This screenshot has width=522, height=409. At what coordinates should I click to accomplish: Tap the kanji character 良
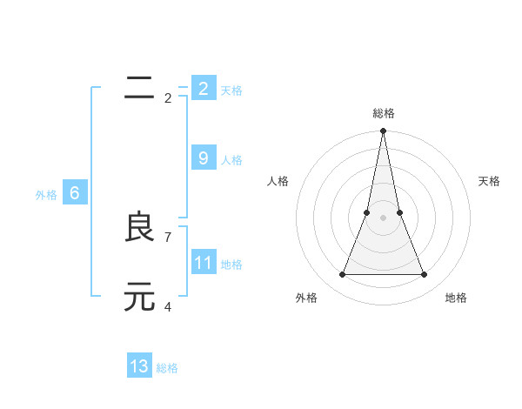[139, 228]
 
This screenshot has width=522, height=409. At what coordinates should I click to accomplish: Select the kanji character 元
[139, 297]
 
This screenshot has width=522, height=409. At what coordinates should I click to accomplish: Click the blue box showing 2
[203, 88]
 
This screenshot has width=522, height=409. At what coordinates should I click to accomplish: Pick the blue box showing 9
[203, 158]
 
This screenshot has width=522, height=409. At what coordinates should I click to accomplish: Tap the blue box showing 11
[203, 263]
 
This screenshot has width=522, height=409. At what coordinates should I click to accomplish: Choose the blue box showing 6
[75, 193]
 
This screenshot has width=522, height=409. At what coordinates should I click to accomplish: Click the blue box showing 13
[139, 366]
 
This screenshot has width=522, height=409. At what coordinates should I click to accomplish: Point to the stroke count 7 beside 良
[168, 236]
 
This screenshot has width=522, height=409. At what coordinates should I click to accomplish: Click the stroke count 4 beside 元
[168, 305]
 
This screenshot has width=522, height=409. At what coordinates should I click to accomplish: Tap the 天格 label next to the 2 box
[231, 90]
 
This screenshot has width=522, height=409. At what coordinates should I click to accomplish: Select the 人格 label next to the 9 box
[231, 160]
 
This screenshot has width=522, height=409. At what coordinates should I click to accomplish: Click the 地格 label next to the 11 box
[231, 265]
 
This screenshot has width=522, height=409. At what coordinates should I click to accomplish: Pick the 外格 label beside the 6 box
[46, 195]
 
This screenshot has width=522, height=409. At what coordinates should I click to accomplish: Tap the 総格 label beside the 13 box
[167, 368]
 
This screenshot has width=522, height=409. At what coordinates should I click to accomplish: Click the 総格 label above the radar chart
[384, 113]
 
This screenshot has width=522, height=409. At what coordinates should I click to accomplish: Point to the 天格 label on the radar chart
[489, 181]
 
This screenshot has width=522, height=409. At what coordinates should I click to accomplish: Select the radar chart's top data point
[384, 131]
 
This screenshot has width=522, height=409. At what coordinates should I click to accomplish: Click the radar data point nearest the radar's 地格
[425, 275]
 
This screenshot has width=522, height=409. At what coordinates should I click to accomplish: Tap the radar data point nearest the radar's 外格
[343, 275]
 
